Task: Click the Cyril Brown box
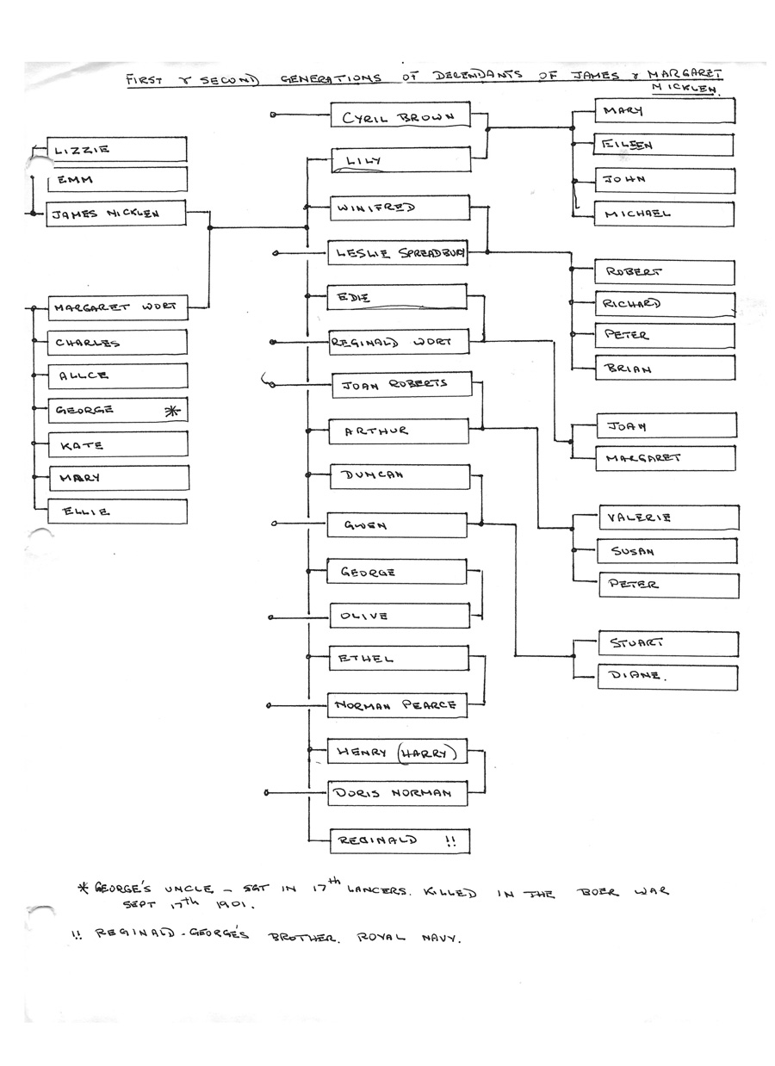(400, 116)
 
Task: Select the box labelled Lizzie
(116, 149)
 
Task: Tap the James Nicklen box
(116, 214)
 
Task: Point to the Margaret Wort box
(116, 307)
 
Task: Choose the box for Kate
(116, 444)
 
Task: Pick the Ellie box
(116, 511)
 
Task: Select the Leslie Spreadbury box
(398, 253)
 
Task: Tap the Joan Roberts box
(401, 384)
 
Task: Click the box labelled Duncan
(399, 475)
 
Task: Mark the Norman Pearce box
(398, 705)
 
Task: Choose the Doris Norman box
(398, 793)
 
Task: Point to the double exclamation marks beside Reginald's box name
(449, 842)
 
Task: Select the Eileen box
(664, 146)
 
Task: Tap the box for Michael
(664, 214)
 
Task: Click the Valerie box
(668, 518)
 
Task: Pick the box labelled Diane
(667, 676)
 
